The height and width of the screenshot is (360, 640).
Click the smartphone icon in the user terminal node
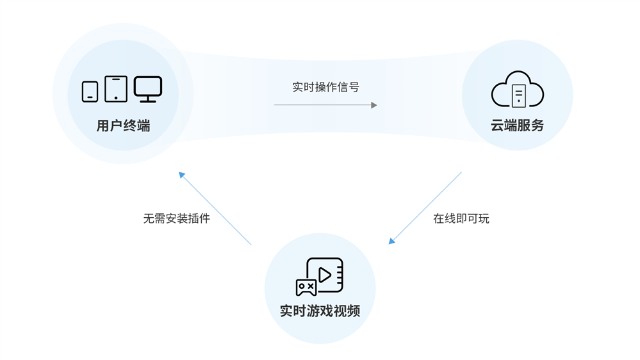pyautogui.click(x=90, y=92)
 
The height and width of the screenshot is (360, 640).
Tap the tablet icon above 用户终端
pyautogui.click(x=116, y=88)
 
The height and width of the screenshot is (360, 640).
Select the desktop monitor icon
pyautogui.click(x=148, y=89)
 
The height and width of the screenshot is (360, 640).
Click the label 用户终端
pyautogui.click(x=123, y=126)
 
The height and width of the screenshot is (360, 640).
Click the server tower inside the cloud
pyautogui.click(x=519, y=95)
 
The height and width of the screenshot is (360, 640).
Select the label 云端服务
pyautogui.click(x=517, y=126)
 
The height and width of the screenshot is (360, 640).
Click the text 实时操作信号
pyautogui.click(x=325, y=87)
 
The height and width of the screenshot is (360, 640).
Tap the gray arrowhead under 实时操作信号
pyautogui.click(x=374, y=105)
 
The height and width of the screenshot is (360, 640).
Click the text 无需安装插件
pyautogui.click(x=177, y=218)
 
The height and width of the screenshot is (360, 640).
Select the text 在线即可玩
pyautogui.click(x=461, y=218)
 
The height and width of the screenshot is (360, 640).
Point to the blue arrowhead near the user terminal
pyautogui.click(x=182, y=175)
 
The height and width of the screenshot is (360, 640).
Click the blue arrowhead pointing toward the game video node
pyautogui.click(x=392, y=241)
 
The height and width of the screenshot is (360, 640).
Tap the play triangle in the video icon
pyautogui.click(x=325, y=275)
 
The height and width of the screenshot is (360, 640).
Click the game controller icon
pyautogui.click(x=306, y=288)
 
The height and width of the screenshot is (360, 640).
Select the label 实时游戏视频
pyautogui.click(x=320, y=311)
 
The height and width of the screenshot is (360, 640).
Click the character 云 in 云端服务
pyautogui.click(x=497, y=126)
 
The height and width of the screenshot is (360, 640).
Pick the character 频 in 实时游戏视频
pyautogui.click(x=354, y=311)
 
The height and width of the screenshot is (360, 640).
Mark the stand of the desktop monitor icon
pyautogui.click(x=148, y=99)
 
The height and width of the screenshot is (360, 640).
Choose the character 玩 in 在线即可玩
pyautogui.click(x=484, y=218)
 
